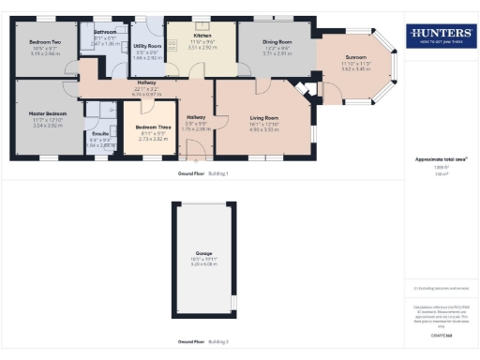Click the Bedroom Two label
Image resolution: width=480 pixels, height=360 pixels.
coord(45,42)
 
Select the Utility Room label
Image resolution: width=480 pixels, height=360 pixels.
coord(148,46)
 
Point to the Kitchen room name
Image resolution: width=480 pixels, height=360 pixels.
coord(202,36)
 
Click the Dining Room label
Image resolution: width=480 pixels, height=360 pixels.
coord(276,41)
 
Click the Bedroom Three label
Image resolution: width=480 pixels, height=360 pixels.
coord(152,127)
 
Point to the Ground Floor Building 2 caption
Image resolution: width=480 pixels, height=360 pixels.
coord(202,341)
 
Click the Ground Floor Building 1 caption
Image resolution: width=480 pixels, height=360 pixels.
coord(202,174)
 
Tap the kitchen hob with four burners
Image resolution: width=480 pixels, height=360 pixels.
coord(173,45)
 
